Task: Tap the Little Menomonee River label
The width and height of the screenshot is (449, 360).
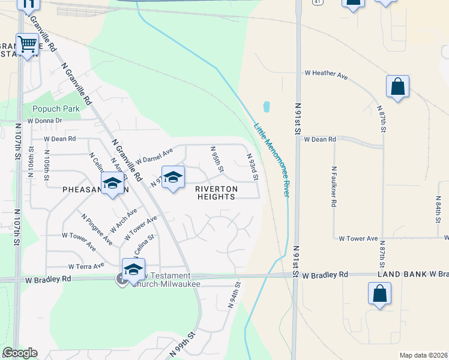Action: [272, 160]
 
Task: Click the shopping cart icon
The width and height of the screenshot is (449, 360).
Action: [28, 44]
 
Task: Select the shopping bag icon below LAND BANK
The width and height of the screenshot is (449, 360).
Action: [379, 294]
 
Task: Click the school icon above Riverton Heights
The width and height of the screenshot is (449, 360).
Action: [173, 177]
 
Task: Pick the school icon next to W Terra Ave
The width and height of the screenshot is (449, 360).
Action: [133, 269]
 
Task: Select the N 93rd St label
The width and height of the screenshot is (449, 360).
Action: [253, 167]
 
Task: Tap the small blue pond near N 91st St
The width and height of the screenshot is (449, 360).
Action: [267, 107]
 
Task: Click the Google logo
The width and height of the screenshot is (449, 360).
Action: [20, 353]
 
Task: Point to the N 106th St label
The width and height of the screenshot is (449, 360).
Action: [31, 163]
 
